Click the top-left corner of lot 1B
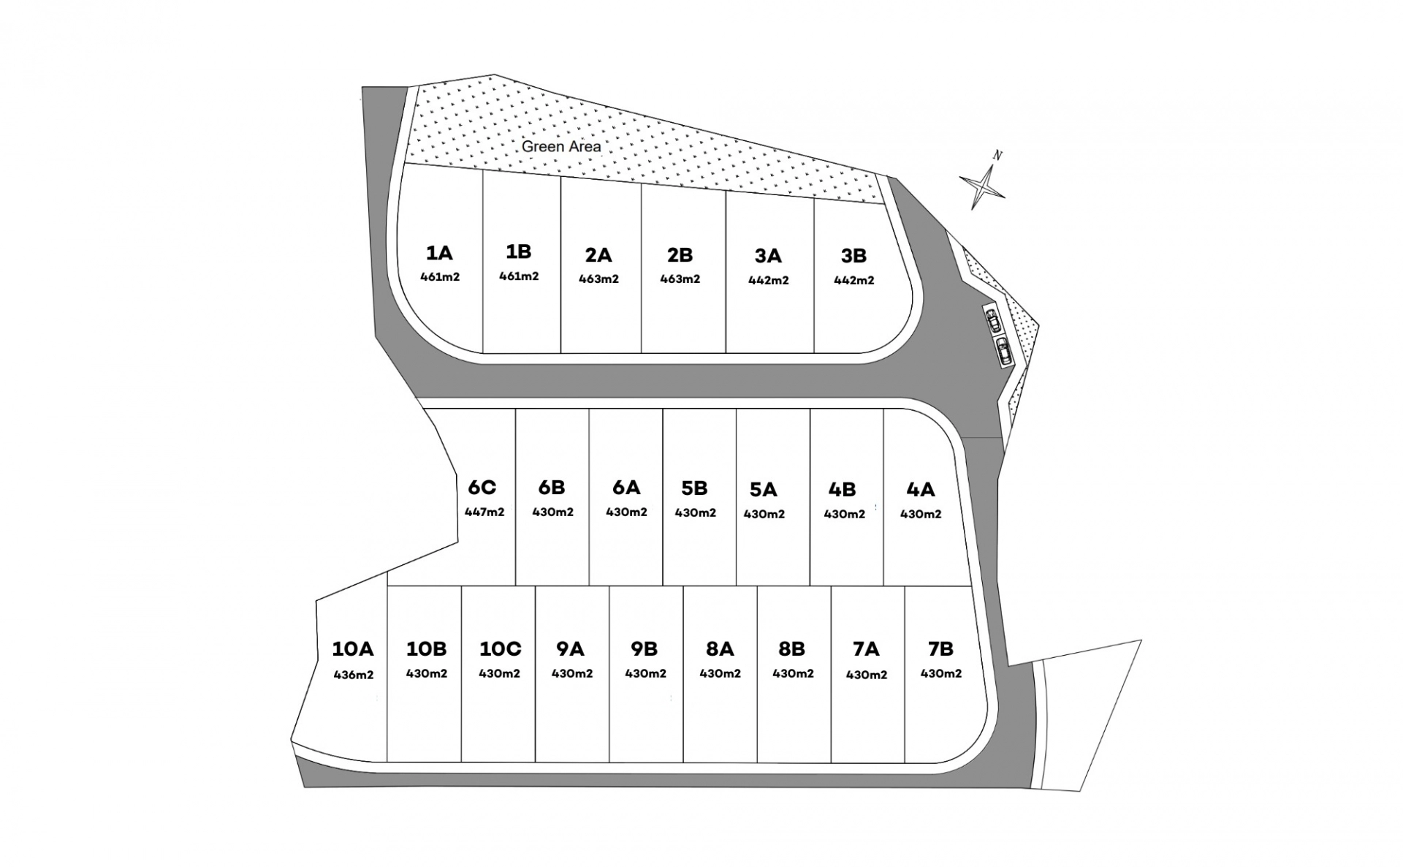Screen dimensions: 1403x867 click(x=483, y=170)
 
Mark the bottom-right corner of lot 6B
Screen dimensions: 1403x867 click(x=589, y=586)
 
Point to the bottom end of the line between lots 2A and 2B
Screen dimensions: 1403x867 click(x=642, y=353)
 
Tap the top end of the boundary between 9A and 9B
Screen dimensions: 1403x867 click(x=609, y=586)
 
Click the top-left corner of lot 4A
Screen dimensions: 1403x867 click(x=883, y=409)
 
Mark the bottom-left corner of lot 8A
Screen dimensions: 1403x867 click(x=683, y=762)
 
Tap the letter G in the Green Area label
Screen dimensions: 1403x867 click(x=527, y=147)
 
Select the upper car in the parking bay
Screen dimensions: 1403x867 click(x=992, y=319)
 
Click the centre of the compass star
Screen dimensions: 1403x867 click(x=983, y=187)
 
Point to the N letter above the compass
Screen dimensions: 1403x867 click(x=997, y=155)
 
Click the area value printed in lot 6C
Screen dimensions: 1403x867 click(x=484, y=512)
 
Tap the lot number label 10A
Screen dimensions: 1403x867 click(x=353, y=648)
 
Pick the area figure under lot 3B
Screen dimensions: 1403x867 click(x=854, y=280)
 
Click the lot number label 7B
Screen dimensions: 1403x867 click(x=940, y=648)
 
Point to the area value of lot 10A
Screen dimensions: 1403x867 click(x=354, y=675)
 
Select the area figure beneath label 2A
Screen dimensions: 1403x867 click(x=599, y=279)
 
